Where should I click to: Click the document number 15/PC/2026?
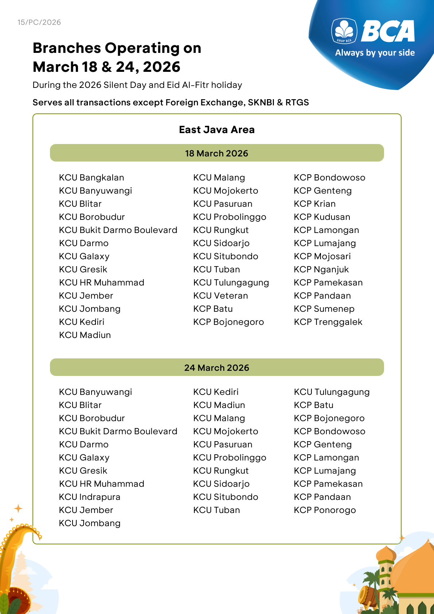pos(39,22)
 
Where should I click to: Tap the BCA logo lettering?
pos(388,31)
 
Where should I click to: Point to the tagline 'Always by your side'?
pos(375,53)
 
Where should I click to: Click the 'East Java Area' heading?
pos(217,130)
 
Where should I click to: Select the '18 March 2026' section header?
pos(217,153)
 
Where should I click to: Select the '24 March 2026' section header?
pos(217,368)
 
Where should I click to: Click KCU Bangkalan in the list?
pos(92,178)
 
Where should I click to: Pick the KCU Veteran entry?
pos(221,296)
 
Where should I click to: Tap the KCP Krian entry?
pos(315,204)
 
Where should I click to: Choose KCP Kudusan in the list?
pos(322,217)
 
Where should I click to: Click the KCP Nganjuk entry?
pos(321,269)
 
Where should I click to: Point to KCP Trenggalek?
pos(328,322)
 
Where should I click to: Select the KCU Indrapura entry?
pos(90,497)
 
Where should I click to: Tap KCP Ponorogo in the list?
pos(325,510)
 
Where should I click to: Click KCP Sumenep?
pos(324,309)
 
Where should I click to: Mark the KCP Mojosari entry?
pos(322,256)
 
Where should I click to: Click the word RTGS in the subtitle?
pos(297,102)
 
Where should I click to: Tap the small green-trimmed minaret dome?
pos(386,553)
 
